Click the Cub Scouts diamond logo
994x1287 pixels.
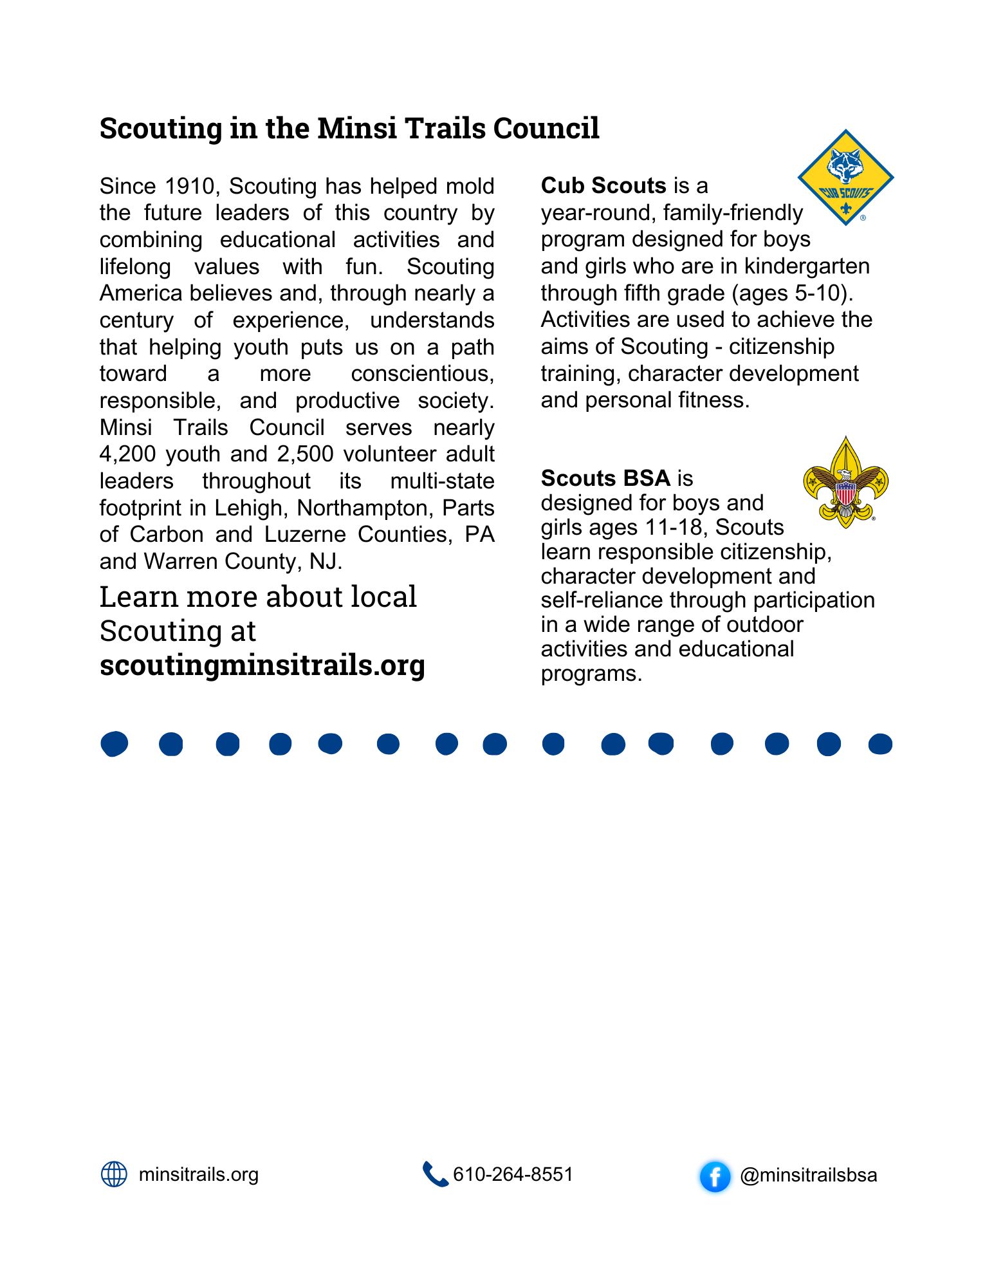pyautogui.click(x=845, y=178)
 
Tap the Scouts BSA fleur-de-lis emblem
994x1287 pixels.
pyautogui.click(x=845, y=483)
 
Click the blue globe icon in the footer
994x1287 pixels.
pyautogui.click(x=115, y=1174)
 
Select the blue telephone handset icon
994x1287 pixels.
pyautogui.click(x=435, y=1174)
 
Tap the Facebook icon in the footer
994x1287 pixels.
pyautogui.click(x=715, y=1176)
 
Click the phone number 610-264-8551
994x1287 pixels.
pyautogui.click(x=513, y=1174)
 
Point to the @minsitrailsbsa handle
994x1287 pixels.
pyautogui.click(x=808, y=1175)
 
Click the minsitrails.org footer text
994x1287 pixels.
pyautogui.click(x=199, y=1174)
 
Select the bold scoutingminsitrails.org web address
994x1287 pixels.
pyautogui.click(x=262, y=665)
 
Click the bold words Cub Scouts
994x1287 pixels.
pyautogui.click(x=603, y=185)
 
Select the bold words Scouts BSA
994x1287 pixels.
pyautogui.click(x=605, y=478)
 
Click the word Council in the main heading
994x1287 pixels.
pyautogui.click(x=546, y=128)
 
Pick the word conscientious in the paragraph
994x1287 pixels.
pyautogui.click(x=422, y=373)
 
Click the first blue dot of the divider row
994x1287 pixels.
pyautogui.click(x=115, y=743)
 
